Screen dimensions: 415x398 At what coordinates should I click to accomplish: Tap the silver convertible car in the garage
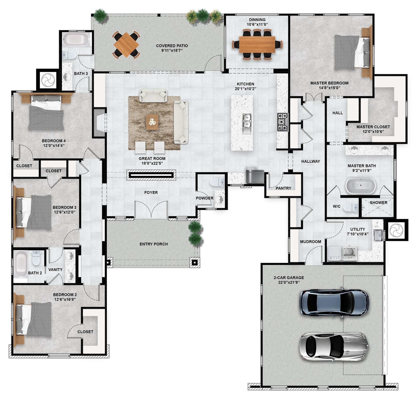(x=334, y=346)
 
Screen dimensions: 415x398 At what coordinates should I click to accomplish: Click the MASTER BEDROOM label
(x=329, y=83)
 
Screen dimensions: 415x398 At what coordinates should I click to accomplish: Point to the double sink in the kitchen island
(x=247, y=124)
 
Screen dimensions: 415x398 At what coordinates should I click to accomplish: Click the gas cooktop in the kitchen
(x=283, y=122)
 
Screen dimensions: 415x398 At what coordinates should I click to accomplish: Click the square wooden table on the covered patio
(x=126, y=45)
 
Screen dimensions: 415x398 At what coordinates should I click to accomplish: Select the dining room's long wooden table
(x=257, y=44)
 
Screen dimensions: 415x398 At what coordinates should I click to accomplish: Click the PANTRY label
(x=283, y=188)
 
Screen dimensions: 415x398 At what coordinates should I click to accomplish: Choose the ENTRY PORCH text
(x=154, y=244)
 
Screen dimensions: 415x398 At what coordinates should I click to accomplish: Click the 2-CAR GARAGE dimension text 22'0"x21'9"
(x=289, y=282)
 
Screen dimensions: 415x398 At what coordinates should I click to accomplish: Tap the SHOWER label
(x=378, y=203)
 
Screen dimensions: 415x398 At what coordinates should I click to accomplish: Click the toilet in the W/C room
(x=351, y=207)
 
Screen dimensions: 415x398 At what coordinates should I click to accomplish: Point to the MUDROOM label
(x=310, y=242)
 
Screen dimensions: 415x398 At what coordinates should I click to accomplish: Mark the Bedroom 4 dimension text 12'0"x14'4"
(x=54, y=145)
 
